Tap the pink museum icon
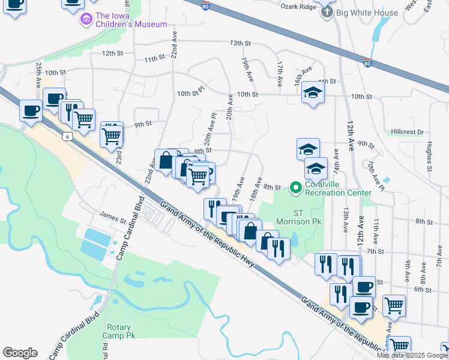click(87, 20)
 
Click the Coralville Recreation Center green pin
click(295, 188)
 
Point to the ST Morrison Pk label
click(307, 217)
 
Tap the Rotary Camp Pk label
click(120, 331)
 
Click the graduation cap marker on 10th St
click(312, 92)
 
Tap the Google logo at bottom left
click(19, 353)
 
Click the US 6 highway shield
click(66, 137)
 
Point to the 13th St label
click(240, 44)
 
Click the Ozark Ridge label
click(298, 7)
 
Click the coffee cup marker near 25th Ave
click(31, 110)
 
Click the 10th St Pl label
click(190, 94)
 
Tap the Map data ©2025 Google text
click(412, 355)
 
